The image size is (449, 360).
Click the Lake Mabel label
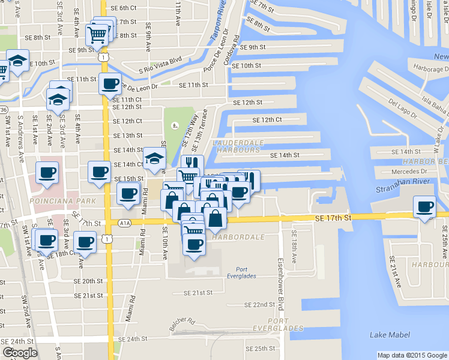pos(390,335)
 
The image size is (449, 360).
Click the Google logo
pos(20,353)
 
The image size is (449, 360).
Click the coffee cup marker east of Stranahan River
pos(425,208)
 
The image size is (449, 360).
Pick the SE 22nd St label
pos(259,305)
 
